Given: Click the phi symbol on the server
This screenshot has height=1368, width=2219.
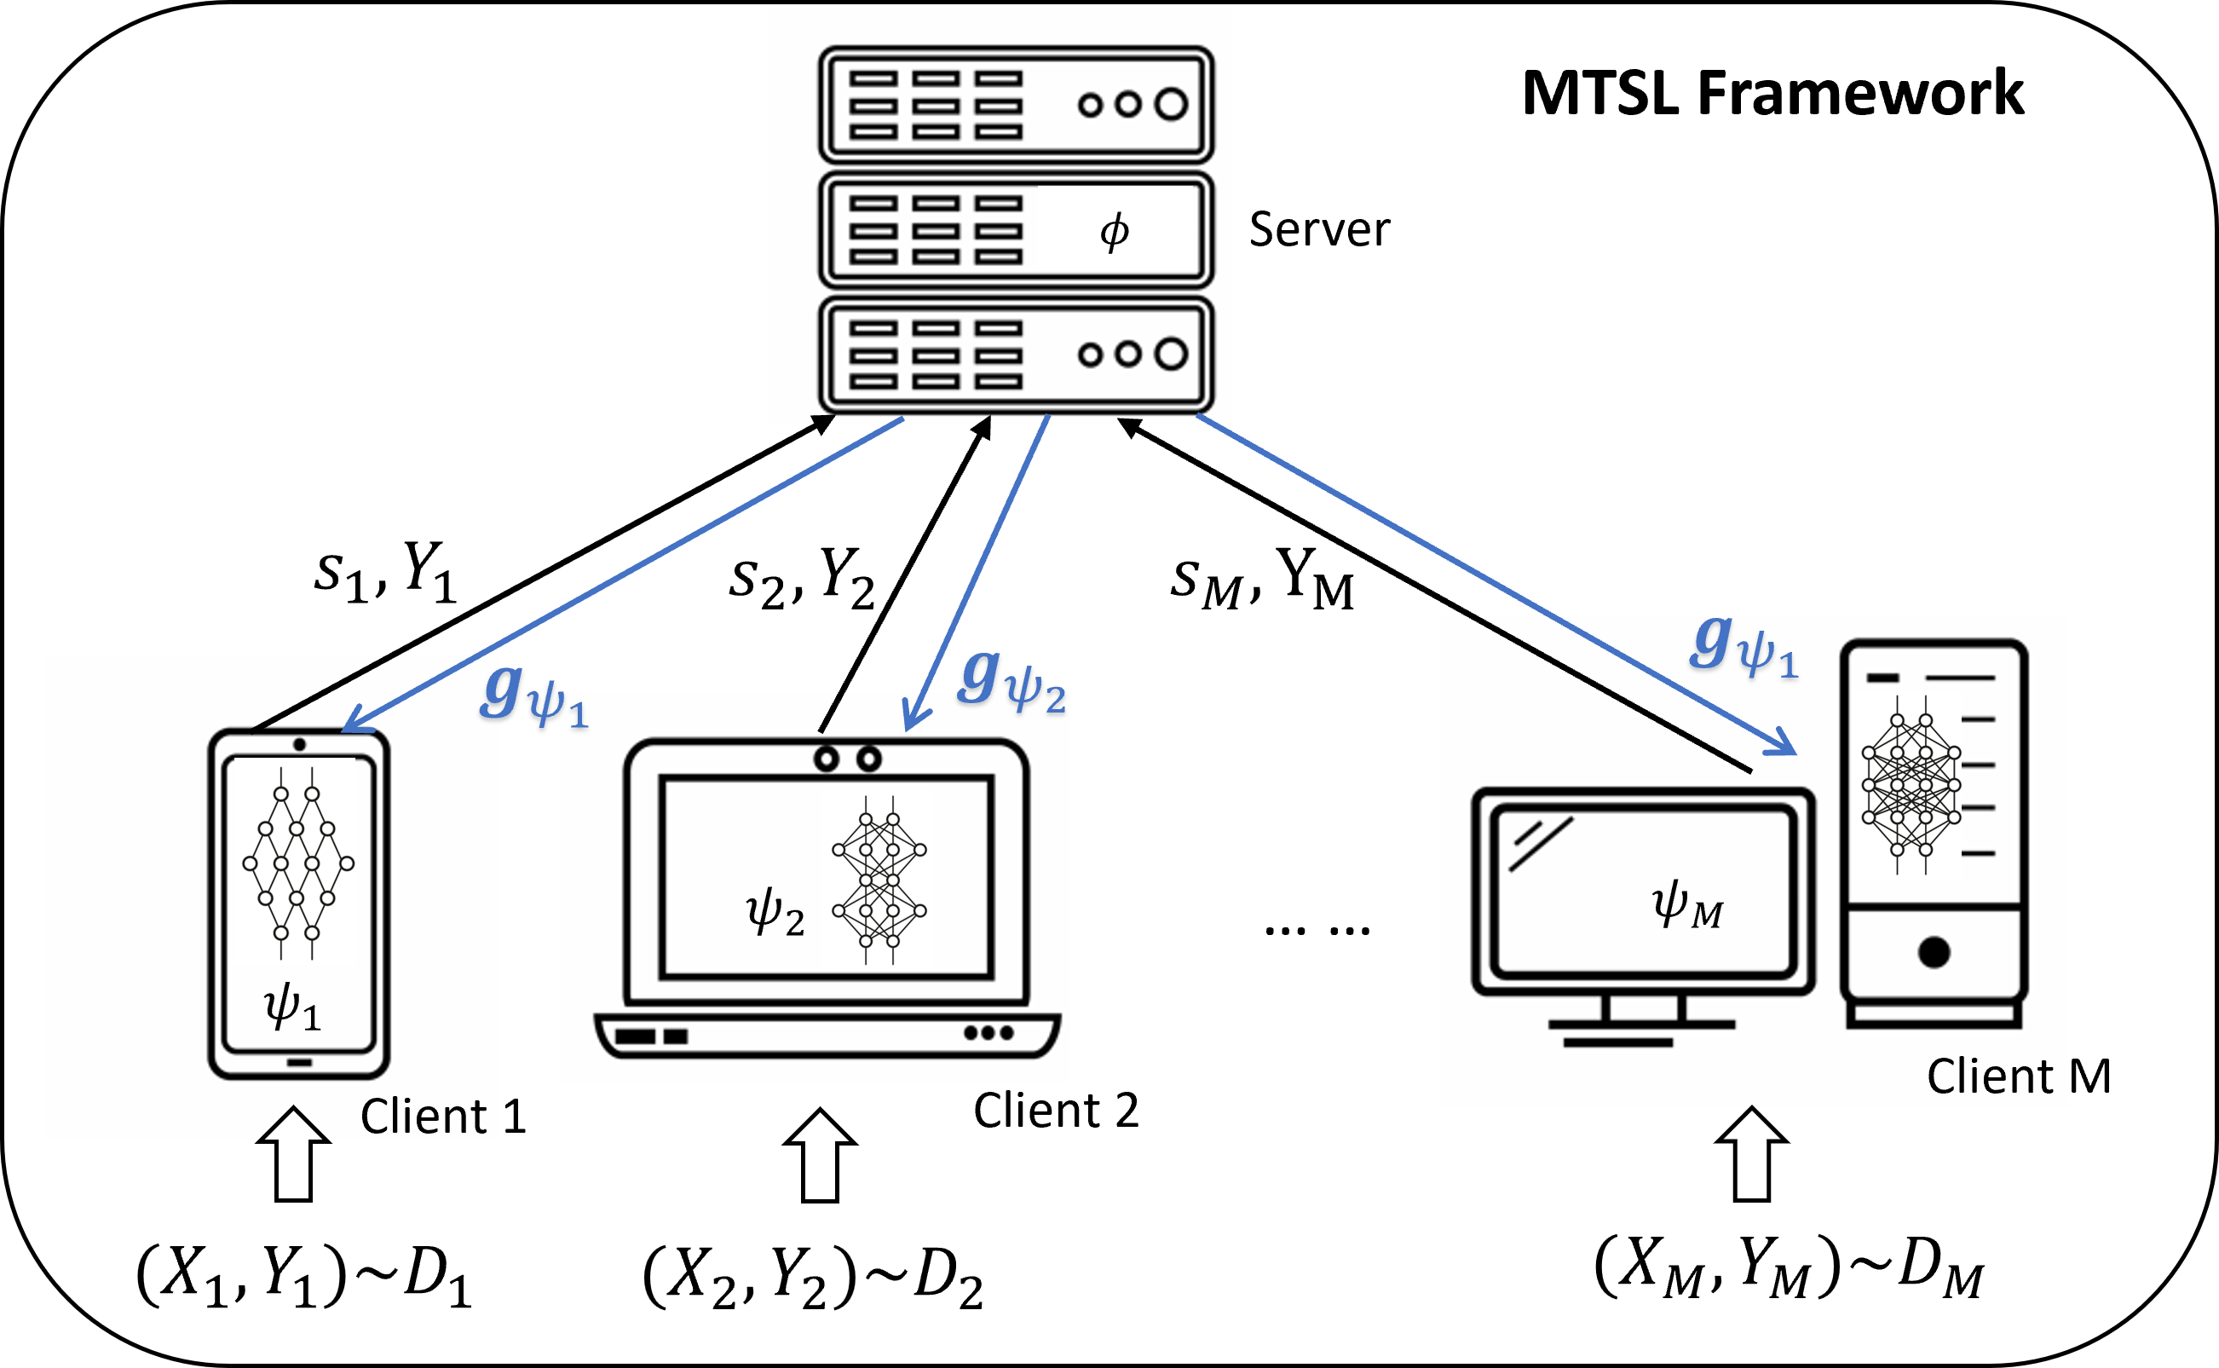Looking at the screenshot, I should (1115, 232).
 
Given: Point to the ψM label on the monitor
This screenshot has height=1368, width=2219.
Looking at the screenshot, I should (1687, 905).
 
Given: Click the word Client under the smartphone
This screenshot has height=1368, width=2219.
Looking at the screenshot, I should (424, 1116).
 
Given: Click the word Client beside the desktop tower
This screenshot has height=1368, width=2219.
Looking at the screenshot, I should (1989, 1076).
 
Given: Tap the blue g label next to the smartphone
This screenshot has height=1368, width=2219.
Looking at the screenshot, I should (533, 697).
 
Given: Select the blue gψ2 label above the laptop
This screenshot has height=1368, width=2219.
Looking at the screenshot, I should (1012, 680).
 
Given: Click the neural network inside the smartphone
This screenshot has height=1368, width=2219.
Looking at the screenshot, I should (297, 863).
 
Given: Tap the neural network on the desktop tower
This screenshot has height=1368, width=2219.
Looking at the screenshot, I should (1911, 784).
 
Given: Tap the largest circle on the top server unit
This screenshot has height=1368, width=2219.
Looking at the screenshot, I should (1171, 104).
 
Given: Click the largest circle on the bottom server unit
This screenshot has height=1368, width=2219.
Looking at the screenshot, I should (1171, 354).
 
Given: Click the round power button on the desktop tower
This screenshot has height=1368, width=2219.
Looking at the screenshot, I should (1934, 952).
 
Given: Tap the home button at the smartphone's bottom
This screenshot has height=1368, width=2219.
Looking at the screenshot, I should (299, 1062).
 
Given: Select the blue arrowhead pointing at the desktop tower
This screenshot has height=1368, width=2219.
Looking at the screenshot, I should (1784, 746).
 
